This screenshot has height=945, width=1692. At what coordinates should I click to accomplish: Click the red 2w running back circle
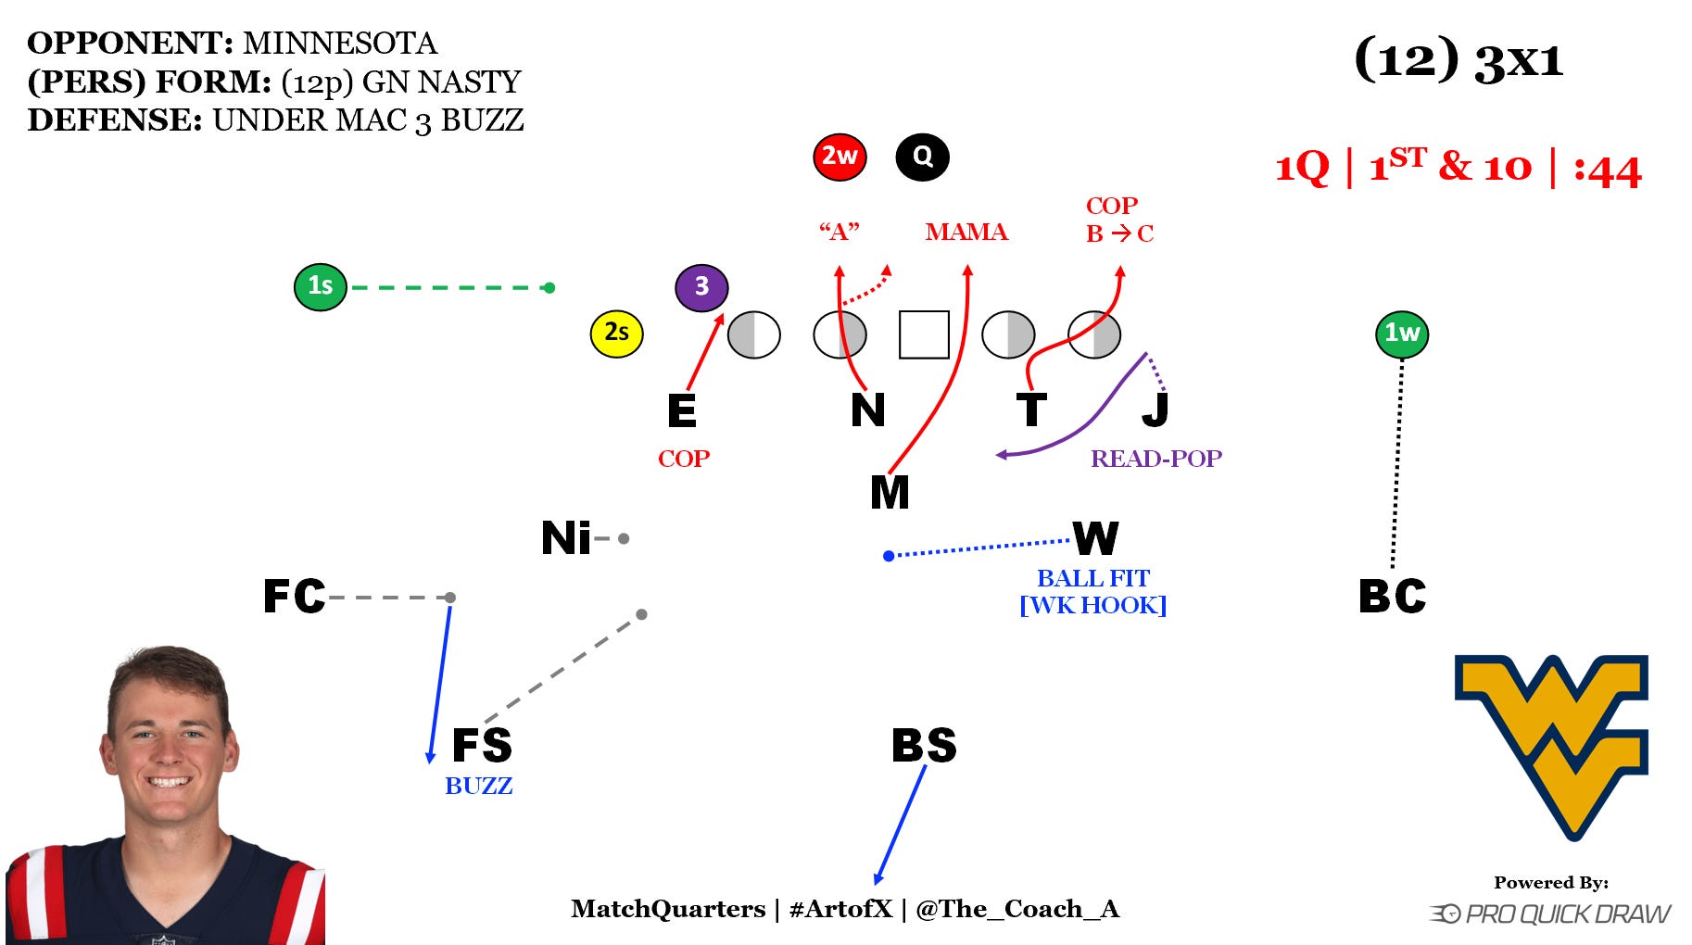coord(840,157)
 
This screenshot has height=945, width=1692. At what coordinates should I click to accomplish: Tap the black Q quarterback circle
coord(922,157)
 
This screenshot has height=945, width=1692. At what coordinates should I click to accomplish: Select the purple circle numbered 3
coord(701,287)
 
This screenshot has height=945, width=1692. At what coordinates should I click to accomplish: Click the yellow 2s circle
coord(616,333)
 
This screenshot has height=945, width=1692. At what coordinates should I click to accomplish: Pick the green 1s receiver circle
coord(321,286)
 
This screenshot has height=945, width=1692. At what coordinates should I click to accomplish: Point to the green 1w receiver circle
coord(1401,334)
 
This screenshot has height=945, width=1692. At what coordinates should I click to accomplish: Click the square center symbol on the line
coord(924,334)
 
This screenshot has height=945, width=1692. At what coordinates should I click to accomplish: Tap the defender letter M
coord(890,493)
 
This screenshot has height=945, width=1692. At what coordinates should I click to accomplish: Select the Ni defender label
coord(566,538)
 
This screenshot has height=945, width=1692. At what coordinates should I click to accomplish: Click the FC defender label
coord(295,597)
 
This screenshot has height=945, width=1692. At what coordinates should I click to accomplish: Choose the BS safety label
coord(924,746)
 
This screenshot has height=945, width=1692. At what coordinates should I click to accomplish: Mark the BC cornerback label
coord(1392,597)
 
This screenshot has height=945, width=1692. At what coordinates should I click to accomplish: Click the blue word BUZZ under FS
coord(478,786)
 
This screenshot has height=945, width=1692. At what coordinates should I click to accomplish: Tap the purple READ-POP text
coord(1155,459)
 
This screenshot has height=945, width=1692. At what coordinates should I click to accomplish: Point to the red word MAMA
coord(966,232)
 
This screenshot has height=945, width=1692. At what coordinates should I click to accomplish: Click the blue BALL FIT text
coord(1092,578)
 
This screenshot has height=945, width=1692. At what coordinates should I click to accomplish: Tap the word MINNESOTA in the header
coord(340,44)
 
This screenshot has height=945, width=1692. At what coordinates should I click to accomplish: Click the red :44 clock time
coord(1608,170)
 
